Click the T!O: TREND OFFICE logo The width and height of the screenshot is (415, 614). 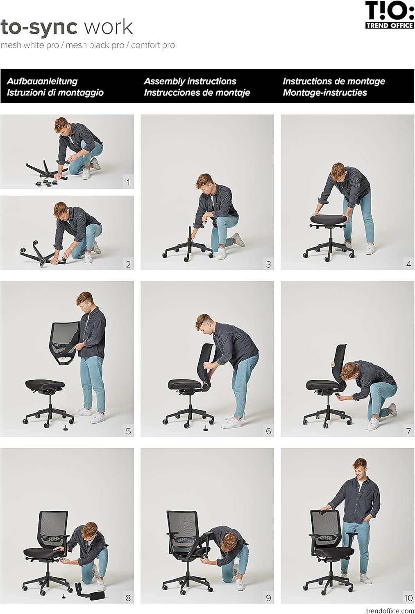tap(389, 15)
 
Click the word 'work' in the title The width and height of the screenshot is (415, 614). tap(108, 27)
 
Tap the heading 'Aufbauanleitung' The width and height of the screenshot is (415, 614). tap(42, 81)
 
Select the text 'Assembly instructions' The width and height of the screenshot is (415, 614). tap(190, 81)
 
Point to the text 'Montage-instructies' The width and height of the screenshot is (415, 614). tap(325, 93)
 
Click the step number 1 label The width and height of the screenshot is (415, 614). tap(128, 182)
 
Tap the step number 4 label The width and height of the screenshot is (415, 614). tap(408, 264)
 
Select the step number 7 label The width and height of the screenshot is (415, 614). tap(408, 431)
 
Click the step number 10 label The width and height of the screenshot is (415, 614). tap(408, 598)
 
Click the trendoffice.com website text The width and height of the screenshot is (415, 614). tap(390, 611)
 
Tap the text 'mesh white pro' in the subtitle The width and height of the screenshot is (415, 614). tap(29, 45)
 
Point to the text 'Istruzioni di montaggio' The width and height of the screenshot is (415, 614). tap(55, 93)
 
